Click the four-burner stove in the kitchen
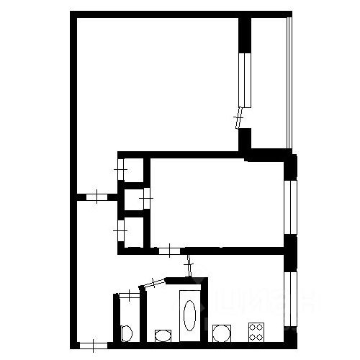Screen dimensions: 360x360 pyautogui.click(x=256, y=331)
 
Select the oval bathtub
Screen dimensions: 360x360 pyautogui.click(x=189, y=315)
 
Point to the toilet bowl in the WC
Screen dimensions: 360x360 pyautogui.click(x=126, y=333)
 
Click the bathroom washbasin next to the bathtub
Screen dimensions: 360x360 pyautogui.click(x=163, y=335)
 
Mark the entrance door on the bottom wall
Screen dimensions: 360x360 pyautogui.click(x=92, y=346)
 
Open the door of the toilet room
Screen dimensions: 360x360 pyautogui.click(x=128, y=294)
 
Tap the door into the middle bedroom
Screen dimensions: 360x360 pyautogui.click(x=168, y=251)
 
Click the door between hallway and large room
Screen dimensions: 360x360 pyautogui.click(x=96, y=196)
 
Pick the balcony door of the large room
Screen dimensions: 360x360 pyautogui.click(x=240, y=117)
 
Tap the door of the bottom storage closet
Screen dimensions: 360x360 pyautogui.click(x=120, y=231)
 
